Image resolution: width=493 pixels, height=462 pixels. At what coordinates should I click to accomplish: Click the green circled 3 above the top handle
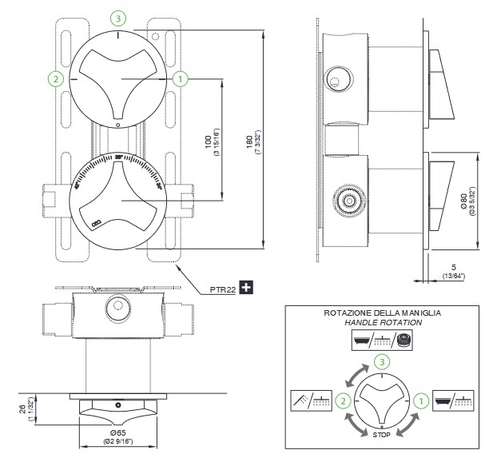coord(118,18)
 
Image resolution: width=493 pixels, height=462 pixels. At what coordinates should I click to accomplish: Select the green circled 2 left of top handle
coord(55,78)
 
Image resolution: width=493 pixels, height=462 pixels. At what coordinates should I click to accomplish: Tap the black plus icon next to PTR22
coord(247,288)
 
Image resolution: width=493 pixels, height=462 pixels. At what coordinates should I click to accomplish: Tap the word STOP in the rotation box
coord(381,434)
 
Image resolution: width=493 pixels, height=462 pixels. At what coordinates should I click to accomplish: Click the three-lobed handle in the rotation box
coord(381,398)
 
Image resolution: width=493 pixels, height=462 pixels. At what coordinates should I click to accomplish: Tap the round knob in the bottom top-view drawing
coord(117,306)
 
